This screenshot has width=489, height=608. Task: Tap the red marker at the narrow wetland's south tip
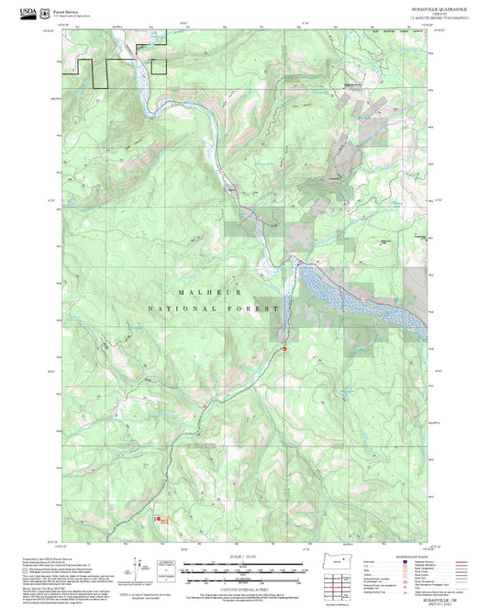pyautogui.click(x=284, y=349)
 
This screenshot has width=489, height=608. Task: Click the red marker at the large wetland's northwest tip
pyautogui.click(x=297, y=263)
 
